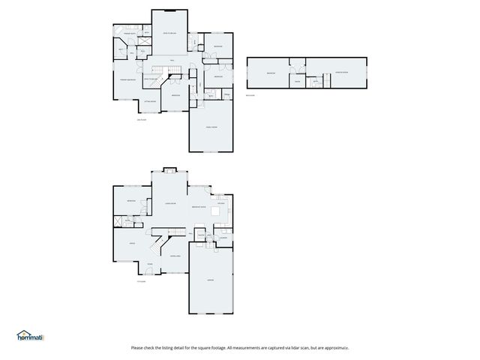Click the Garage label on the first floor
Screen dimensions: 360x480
[211, 280]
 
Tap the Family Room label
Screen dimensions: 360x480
[211, 127]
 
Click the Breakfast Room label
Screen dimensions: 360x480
[199, 206]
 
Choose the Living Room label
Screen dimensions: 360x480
[170, 203]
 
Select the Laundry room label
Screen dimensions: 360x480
[223, 238]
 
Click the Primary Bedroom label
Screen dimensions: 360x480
[125, 79]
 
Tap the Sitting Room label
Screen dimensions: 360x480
[150, 100]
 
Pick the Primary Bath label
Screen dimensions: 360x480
[123, 34]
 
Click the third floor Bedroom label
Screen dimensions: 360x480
[271, 73]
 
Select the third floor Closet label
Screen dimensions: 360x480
[298, 81]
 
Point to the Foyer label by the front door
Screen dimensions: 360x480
[149, 265]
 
